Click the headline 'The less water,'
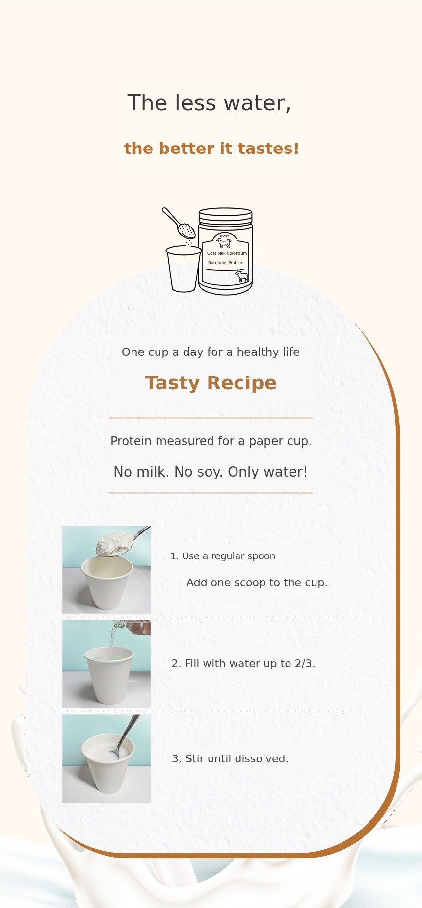tap(209, 103)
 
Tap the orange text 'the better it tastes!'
tap(211, 149)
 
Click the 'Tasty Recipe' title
tap(211, 383)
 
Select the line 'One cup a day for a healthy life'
tap(211, 352)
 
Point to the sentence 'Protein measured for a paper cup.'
tap(211, 441)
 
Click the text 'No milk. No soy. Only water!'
tap(211, 472)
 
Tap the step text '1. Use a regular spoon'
tap(223, 556)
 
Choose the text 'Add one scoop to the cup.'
tap(257, 582)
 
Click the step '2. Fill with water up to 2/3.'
tap(243, 664)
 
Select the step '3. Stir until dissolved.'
tap(230, 759)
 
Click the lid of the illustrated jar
tap(225, 216)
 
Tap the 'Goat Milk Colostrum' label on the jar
tap(227, 253)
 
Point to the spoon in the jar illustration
tap(179, 223)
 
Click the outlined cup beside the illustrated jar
tap(184, 269)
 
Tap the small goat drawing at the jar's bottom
tap(242, 276)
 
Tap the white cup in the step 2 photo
tap(109, 675)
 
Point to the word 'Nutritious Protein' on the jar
tap(225, 263)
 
